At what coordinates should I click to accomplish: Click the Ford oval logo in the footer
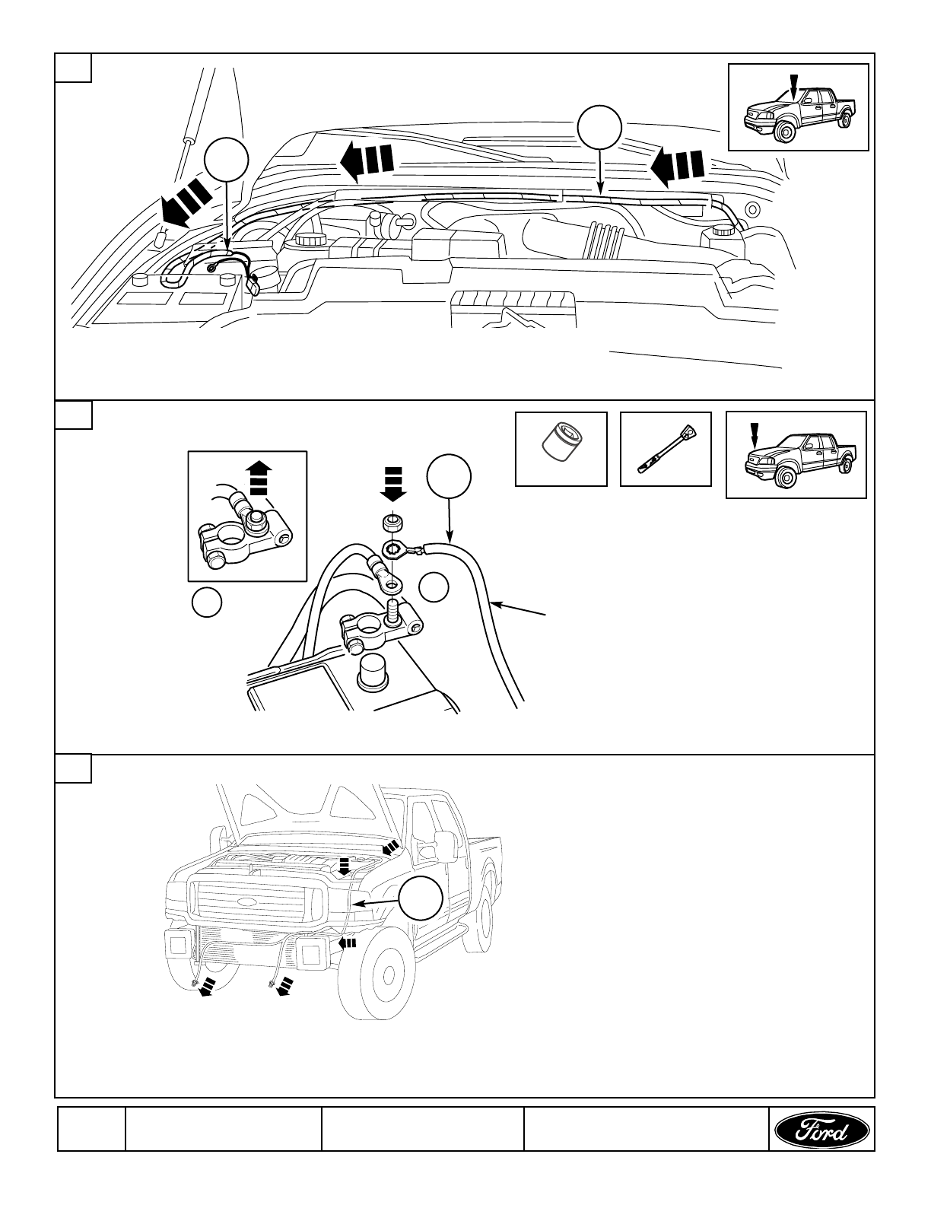(821, 1129)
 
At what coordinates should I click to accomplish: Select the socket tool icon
(561, 448)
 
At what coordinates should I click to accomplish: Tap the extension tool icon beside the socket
(666, 448)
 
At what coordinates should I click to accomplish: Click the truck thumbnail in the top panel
(798, 107)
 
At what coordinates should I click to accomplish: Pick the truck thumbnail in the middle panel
(796, 455)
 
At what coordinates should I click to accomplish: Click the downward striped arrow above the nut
(392, 485)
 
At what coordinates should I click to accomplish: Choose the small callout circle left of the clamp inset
(206, 603)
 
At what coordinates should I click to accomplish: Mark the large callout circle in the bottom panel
(421, 898)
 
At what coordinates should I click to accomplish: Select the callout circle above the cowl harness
(600, 128)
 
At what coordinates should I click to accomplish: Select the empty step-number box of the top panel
(74, 67)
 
